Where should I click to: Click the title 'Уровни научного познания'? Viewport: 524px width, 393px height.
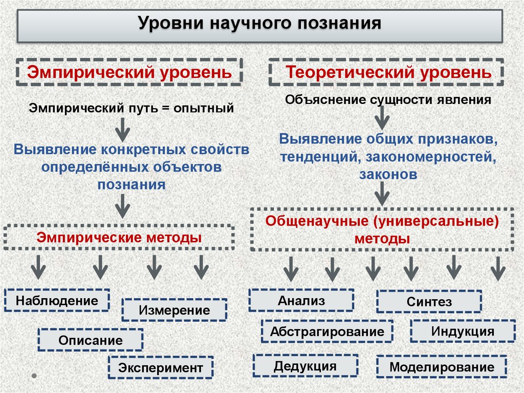tap(260, 24)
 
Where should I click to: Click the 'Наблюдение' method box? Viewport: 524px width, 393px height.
tap(57, 300)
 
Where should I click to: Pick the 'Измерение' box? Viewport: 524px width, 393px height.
tap(174, 310)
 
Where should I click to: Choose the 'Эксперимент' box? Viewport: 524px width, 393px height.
tap(161, 367)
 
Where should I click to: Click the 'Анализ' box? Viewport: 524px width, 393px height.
tap(301, 300)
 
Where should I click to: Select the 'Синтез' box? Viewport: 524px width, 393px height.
tap(429, 302)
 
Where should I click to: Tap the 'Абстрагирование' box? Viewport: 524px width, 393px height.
tap(327, 331)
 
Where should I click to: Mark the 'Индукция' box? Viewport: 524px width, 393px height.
tap(463, 331)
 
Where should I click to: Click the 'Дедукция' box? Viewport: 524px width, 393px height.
tap(305, 366)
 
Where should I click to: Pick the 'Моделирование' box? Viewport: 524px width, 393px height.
tap(442, 367)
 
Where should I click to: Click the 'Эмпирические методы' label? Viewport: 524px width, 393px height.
tap(119, 237)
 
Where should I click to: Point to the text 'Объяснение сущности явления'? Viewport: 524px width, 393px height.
tap(388, 99)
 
